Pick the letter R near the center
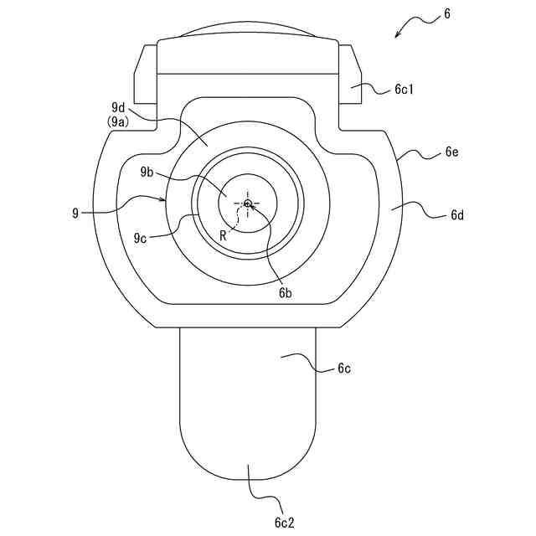pyautogui.click(x=224, y=235)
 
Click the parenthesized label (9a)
pyautogui.click(x=119, y=122)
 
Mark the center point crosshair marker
pyautogui.click(x=248, y=203)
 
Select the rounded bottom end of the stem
pyautogui.click(x=248, y=456)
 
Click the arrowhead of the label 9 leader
pyautogui.click(x=166, y=201)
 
